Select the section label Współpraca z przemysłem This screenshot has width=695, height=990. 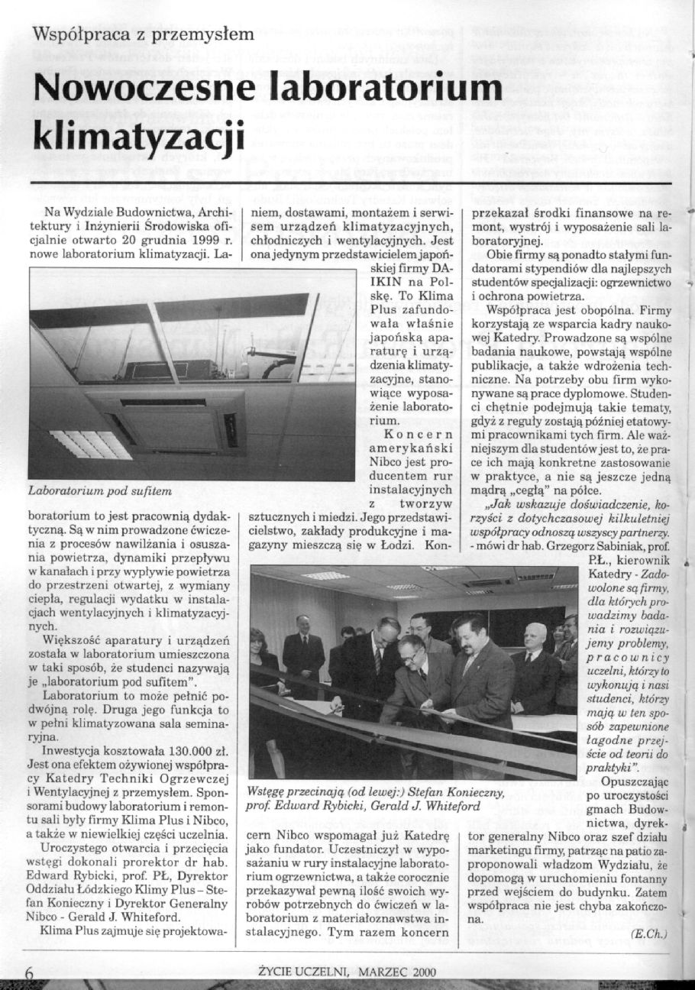143,33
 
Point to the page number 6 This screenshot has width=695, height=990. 30,972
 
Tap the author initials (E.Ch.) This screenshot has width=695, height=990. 649,933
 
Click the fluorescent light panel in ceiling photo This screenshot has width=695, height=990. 91,444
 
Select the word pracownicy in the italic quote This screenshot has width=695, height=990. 620,658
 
